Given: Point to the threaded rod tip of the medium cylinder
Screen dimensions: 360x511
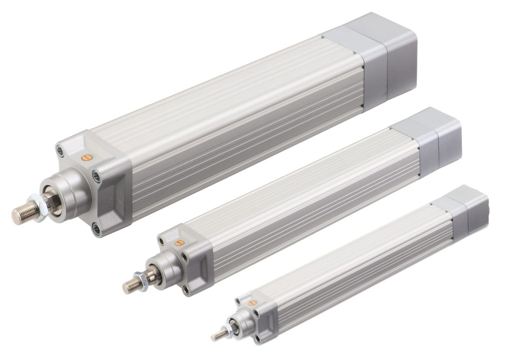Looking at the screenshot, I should click(x=131, y=284).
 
